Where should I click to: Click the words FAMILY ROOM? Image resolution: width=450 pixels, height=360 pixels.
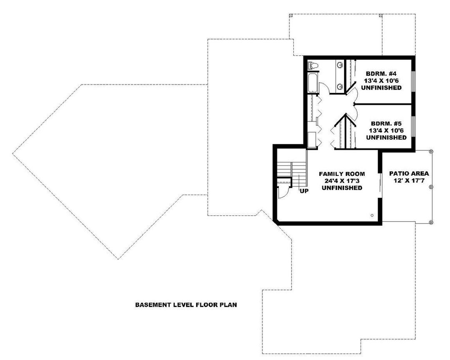click(342, 173)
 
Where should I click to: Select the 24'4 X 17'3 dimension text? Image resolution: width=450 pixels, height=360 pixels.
click(342, 180)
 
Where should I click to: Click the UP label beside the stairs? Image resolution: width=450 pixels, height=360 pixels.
click(304, 191)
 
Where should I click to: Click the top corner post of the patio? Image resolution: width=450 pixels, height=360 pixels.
click(431, 151)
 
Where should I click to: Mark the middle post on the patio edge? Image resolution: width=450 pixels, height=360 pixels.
click(431, 187)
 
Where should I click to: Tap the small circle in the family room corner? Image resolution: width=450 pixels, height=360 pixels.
click(371, 215)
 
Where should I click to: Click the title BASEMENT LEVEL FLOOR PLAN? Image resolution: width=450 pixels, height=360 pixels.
click(186, 305)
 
